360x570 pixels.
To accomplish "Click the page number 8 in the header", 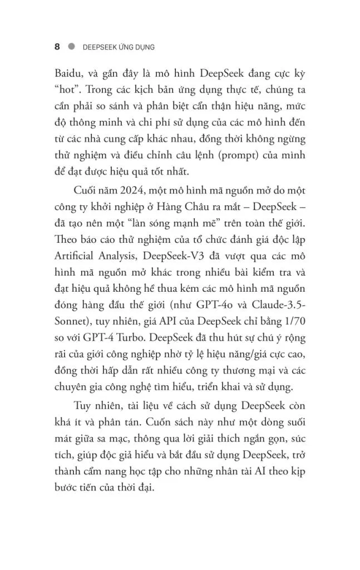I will [57, 47].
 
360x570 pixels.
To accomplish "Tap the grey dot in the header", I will [71, 47].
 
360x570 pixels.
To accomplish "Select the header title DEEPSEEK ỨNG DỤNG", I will [118, 47].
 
